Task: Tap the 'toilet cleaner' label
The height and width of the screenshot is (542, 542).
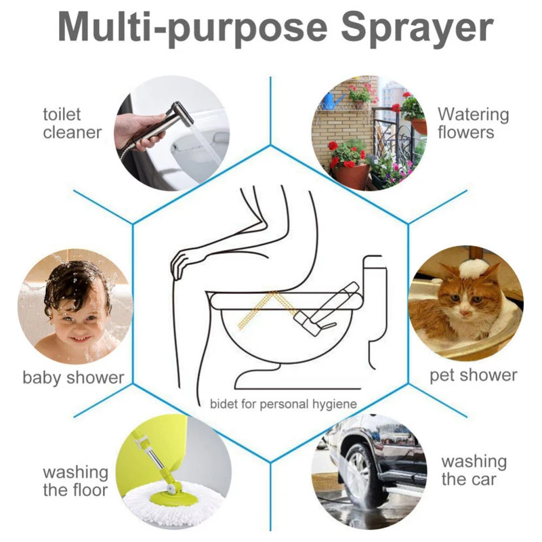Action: (x=72, y=123)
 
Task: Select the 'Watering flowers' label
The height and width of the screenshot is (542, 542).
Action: (x=473, y=123)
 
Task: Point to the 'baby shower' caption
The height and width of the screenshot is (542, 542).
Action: (x=73, y=377)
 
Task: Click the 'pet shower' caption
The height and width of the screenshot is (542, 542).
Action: (x=473, y=375)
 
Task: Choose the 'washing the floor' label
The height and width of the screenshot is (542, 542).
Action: (x=75, y=481)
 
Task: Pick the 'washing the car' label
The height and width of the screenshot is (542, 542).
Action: (x=474, y=470)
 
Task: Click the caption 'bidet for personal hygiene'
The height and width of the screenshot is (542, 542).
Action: (x=283, y=404)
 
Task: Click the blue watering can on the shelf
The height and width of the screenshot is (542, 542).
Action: (x=331, y=100)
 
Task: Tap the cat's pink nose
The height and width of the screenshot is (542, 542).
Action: (x=465, y=313)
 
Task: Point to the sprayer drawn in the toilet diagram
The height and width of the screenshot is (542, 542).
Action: (x=323, y=308)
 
